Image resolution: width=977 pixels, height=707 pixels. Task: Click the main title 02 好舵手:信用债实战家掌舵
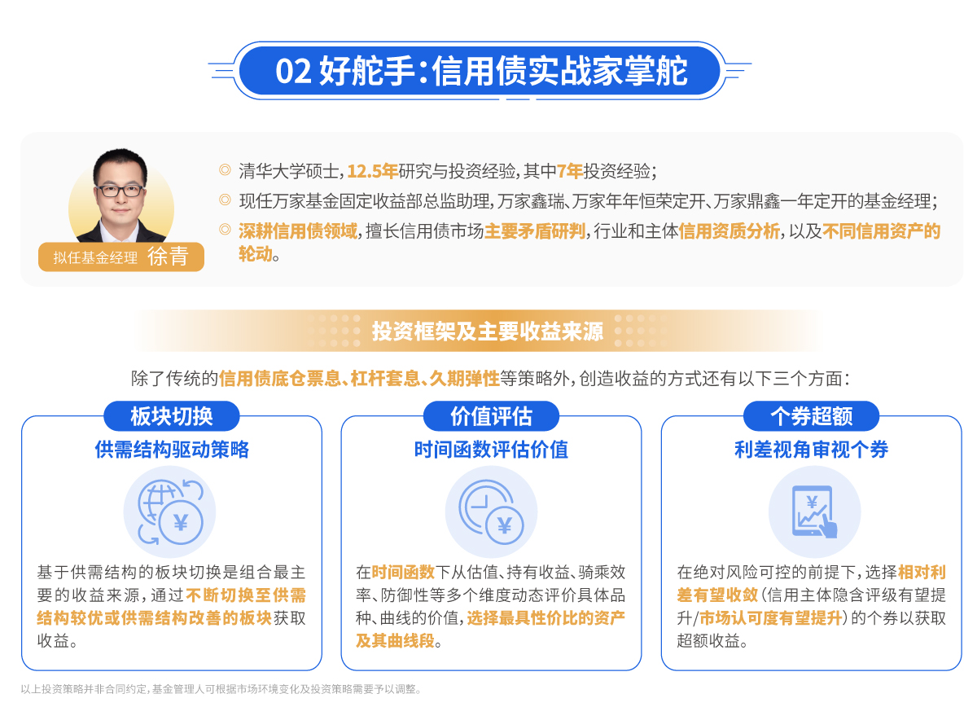[481, 71]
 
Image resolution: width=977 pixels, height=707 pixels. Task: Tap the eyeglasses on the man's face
[120, 191]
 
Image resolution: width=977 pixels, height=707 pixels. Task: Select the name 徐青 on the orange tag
[168, 257]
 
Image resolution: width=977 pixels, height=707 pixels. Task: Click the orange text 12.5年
[373, 171]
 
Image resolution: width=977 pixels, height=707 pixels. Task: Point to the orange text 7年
[570, 171]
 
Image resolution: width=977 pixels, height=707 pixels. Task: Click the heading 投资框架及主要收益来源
[488, 332]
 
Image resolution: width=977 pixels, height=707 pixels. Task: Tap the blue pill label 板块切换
[172, 416]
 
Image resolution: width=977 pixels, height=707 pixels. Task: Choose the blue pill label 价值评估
[492, 416]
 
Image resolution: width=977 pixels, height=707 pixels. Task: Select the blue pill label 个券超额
[811, 416]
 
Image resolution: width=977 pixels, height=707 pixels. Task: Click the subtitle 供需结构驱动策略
[172, 450]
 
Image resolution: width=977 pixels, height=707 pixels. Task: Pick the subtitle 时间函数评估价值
[492, 450]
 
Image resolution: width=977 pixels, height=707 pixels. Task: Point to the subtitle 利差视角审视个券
[811, 450]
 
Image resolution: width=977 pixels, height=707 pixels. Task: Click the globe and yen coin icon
[170, 512]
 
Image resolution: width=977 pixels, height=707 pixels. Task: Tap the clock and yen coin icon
[491, 512]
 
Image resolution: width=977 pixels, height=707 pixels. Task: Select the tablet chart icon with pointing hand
[814, 511]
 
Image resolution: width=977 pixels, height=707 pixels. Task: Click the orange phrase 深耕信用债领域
[298, 231]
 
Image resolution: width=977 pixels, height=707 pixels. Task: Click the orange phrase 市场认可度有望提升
[771, 618]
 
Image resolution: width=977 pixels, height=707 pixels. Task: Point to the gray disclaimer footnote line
[221, 689]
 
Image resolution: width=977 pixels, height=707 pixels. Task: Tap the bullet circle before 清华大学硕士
[225, 169]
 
